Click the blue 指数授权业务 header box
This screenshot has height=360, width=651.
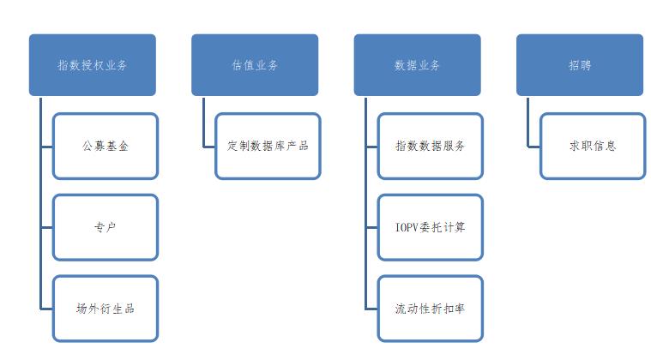[92, 65]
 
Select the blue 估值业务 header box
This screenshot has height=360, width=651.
[254, 65]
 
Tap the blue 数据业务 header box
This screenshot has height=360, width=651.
[417, 65]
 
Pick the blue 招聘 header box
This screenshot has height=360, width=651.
[579, 65]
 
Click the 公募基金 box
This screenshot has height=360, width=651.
[105, 146]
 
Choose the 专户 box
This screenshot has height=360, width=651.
[105, 227]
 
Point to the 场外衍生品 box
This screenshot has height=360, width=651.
[105, 309]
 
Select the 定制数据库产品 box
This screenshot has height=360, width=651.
[268, 146]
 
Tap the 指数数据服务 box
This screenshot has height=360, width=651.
[431, 146]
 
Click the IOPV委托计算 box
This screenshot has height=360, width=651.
[431, 227]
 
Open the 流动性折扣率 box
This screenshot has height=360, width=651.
[431, 309]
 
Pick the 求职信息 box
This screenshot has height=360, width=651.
[593, 146]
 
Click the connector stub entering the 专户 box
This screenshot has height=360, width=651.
[46, 227]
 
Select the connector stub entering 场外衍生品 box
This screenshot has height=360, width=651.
[46, 309]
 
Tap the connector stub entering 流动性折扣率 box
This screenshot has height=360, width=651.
[371, 309]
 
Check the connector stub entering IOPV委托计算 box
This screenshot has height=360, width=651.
[371, 227]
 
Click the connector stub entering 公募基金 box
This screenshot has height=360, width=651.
[46, 146]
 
